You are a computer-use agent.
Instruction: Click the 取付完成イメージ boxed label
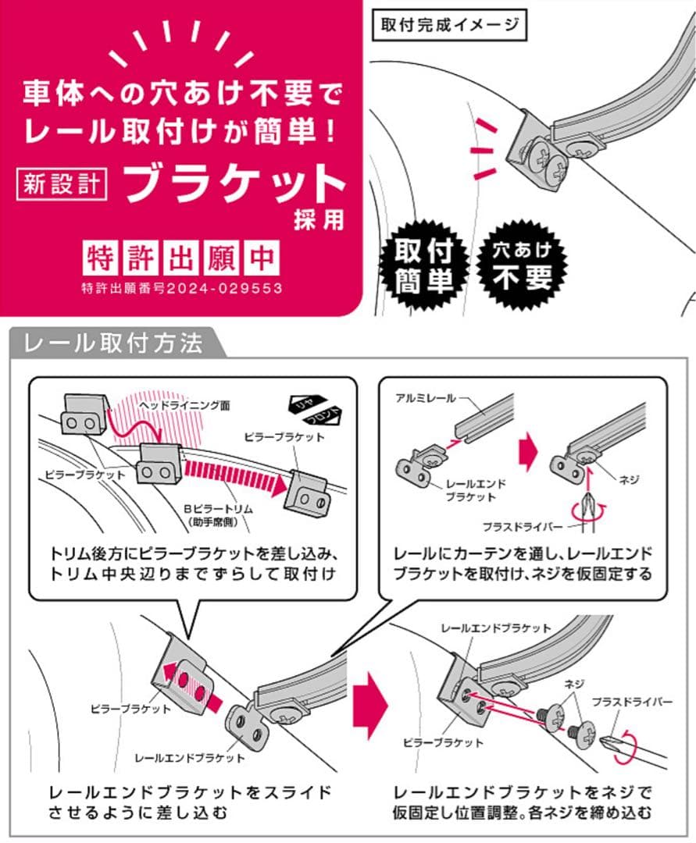[450, 25]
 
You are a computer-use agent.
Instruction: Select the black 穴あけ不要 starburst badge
[523, 264]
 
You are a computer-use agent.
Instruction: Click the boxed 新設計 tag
[61, 184]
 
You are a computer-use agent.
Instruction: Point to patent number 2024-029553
[224, 288]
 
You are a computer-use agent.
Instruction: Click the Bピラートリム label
[218, 509]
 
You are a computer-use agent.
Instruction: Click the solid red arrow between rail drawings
[528, 452]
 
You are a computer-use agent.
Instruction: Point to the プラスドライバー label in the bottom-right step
[632, 702]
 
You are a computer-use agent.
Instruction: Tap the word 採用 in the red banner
[319, 220]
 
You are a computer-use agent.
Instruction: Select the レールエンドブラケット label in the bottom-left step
[189, 758]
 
